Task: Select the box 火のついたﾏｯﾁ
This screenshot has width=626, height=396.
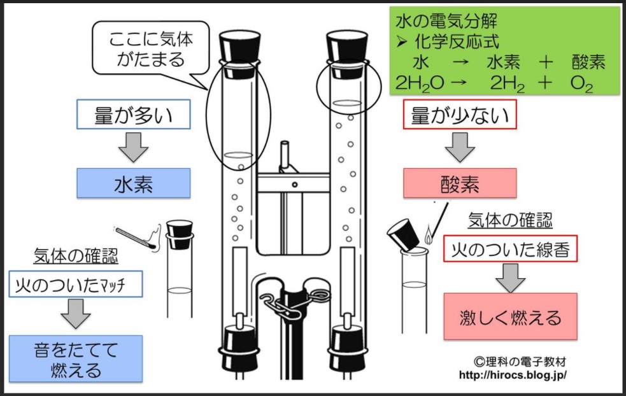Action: (x=76, y=284)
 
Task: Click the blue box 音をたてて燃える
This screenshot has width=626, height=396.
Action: (x=76, y=358)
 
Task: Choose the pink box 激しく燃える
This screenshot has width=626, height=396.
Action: (x=510, y=316)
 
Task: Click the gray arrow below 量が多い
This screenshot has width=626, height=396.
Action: (x=134, y=148)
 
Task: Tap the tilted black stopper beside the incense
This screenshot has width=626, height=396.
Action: (x=404, y=234)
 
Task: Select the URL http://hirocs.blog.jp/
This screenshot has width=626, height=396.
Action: (x=513, y=375)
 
